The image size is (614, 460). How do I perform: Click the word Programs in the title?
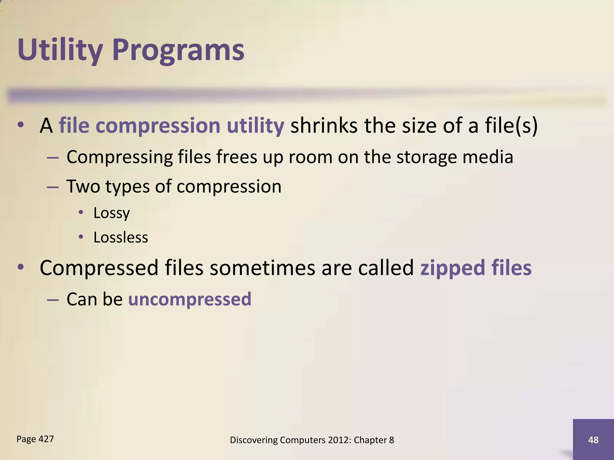click(x=178, y=50)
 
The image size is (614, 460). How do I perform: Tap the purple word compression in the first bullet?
click(x=158, y=125)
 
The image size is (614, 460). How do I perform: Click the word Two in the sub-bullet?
click(x=83, y=186)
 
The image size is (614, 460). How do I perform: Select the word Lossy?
click(x=112, y=213)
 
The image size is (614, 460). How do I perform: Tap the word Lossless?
click(x=121, y=237)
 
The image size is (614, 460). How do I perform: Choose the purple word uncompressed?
click(x=189, y=299)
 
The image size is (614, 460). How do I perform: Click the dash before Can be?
click(x=53, y=299)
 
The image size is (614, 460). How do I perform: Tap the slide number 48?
click(x=593, y=440)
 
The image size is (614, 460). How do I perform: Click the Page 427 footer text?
click(x=35, y=439)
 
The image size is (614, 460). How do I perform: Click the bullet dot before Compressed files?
click(x=20, y=267)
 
